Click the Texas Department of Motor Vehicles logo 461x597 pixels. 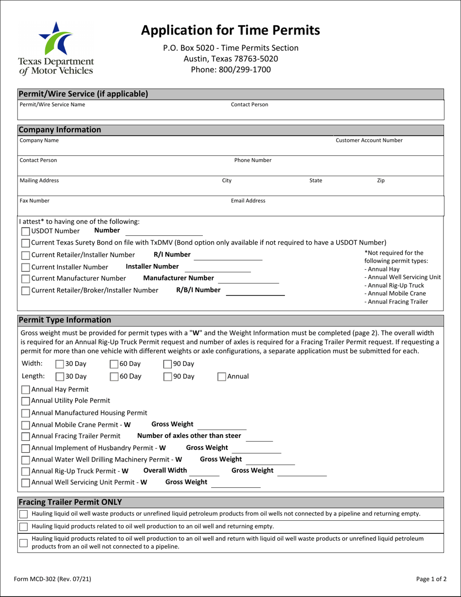click(x=56, y=49)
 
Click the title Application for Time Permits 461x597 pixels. click(x=230, y=30)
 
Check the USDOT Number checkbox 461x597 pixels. click(x=26, y=231)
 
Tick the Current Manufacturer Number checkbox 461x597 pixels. click(x=26, y=279)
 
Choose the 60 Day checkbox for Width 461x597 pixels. click(x=115, y=364)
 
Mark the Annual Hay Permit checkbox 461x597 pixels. click(x=26, y=389)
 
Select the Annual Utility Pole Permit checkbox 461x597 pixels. click(x=26, y=401)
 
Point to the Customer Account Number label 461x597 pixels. click(x=369, y=141)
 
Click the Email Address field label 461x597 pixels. click(x=248, y=200)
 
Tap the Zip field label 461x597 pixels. click(x=381, y=181)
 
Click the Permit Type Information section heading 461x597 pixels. click(x=65, y=320)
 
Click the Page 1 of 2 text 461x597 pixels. click(x=431, y=579)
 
